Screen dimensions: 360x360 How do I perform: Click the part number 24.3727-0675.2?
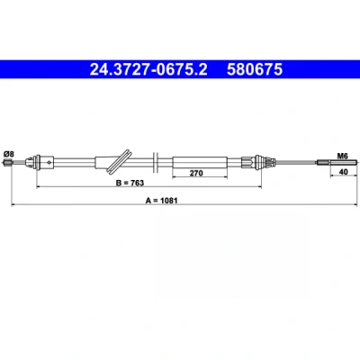pos(148,69)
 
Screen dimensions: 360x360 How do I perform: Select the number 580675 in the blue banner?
pos(255,69)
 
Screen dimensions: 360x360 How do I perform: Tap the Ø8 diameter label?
pos(9,154)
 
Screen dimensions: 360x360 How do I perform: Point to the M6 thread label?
pos(342,156)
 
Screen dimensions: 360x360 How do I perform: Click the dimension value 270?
pos(196,173)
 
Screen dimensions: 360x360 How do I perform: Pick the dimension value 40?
pos(343,172)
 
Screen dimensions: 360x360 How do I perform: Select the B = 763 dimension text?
pos(130,183)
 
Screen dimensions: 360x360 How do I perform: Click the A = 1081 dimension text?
pos(162,201)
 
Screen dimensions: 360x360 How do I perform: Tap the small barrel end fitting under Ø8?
pos(7,163)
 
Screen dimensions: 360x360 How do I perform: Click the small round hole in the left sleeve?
pos(49,163)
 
